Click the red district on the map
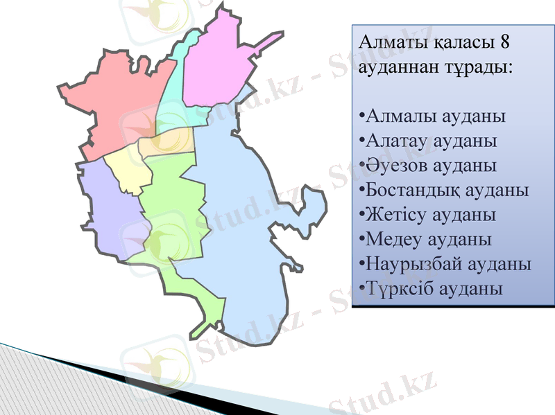point(118,104)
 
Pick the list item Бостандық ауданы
point(445,190)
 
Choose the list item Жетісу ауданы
point(428,214)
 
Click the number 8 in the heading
point(504,43)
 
